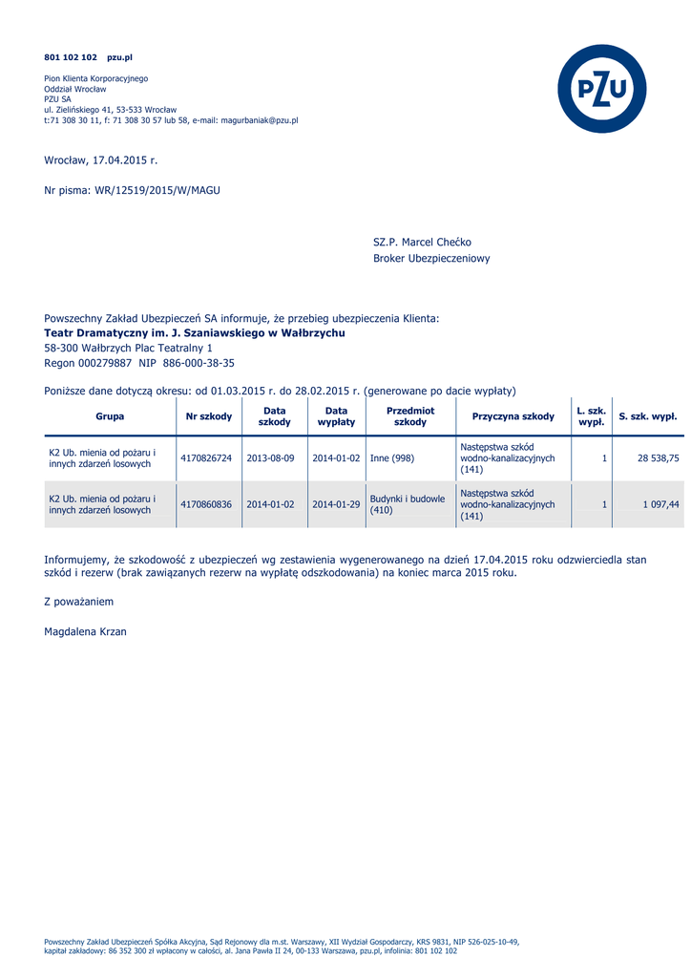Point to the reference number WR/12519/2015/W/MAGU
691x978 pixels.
(x=157, y=190)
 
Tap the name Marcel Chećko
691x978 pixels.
(x=436, y=243)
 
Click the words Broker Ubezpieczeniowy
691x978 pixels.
(x=431, y=259)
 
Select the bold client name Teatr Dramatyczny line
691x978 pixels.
(x=195, y=333)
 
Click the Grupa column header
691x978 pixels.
(x=110, y=416)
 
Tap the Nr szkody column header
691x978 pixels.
(x=209, y=416)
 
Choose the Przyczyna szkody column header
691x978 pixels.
(x=513, y=416)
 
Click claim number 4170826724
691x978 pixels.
(x=206, y=458)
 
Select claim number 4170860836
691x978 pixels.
(x=206, y=504)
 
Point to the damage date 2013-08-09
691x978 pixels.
(x=270, y=458)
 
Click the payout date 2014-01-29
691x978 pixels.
(x=336, y=504)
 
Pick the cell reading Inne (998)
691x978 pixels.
(x=392, y=458)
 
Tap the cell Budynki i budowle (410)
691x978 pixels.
(x=408, y=504)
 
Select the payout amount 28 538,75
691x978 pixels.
(x=659, y=458)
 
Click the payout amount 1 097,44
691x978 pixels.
(x=661, y=504)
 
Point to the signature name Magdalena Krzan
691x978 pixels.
(x=85, y=632)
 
